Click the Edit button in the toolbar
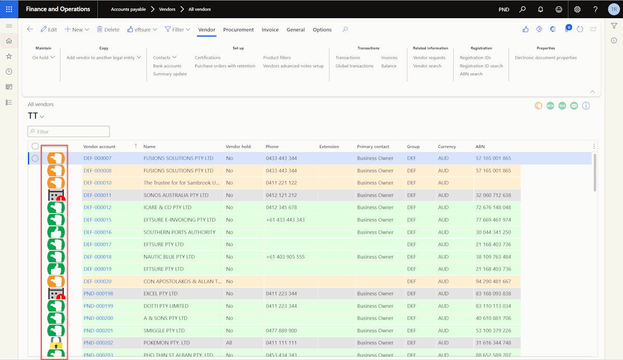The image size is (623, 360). pyautogui.click(x=49, y=30)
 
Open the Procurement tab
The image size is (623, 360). pyautogui.click(x=238, y=30)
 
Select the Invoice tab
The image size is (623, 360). pyautogui.click(x=270, y=30)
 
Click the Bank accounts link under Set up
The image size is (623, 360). pyautogui.click(x=167, y=66)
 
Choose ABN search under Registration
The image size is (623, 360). pyautogui.click(x=471, y=74)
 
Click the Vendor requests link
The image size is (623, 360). pyautogui.click(x=429, y=58)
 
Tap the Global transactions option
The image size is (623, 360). pyautogui.click(x=354, y=66)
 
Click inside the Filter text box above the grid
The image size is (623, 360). pyautogui.click(x=69, y=131)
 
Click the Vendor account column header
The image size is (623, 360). pyautogui.click(x=99, y=146)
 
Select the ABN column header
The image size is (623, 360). pyautogui.click(x=480, y=146)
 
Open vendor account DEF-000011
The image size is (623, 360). pyautogui.click(x=98, y=195)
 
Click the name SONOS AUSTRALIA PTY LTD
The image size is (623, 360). pyautogui.click(x=176, y=195)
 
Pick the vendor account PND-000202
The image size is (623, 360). pyautogui.click(x=99, y=343)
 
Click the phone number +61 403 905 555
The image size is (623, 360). pyautogui.click(x=286, y=257)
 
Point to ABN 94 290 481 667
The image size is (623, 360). pyautogui.click(x=493, y=281)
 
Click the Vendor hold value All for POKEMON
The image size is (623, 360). pyautogui.click(x=229, y=343)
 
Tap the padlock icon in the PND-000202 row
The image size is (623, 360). pyautogui.click(x=56, y=343)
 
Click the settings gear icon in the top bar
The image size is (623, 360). pyautogui.click(x=577, y=9)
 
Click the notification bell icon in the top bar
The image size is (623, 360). pyautogui.click(x=540, y=9)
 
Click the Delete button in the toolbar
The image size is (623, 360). pyautogui.click(x=108, y=30)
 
